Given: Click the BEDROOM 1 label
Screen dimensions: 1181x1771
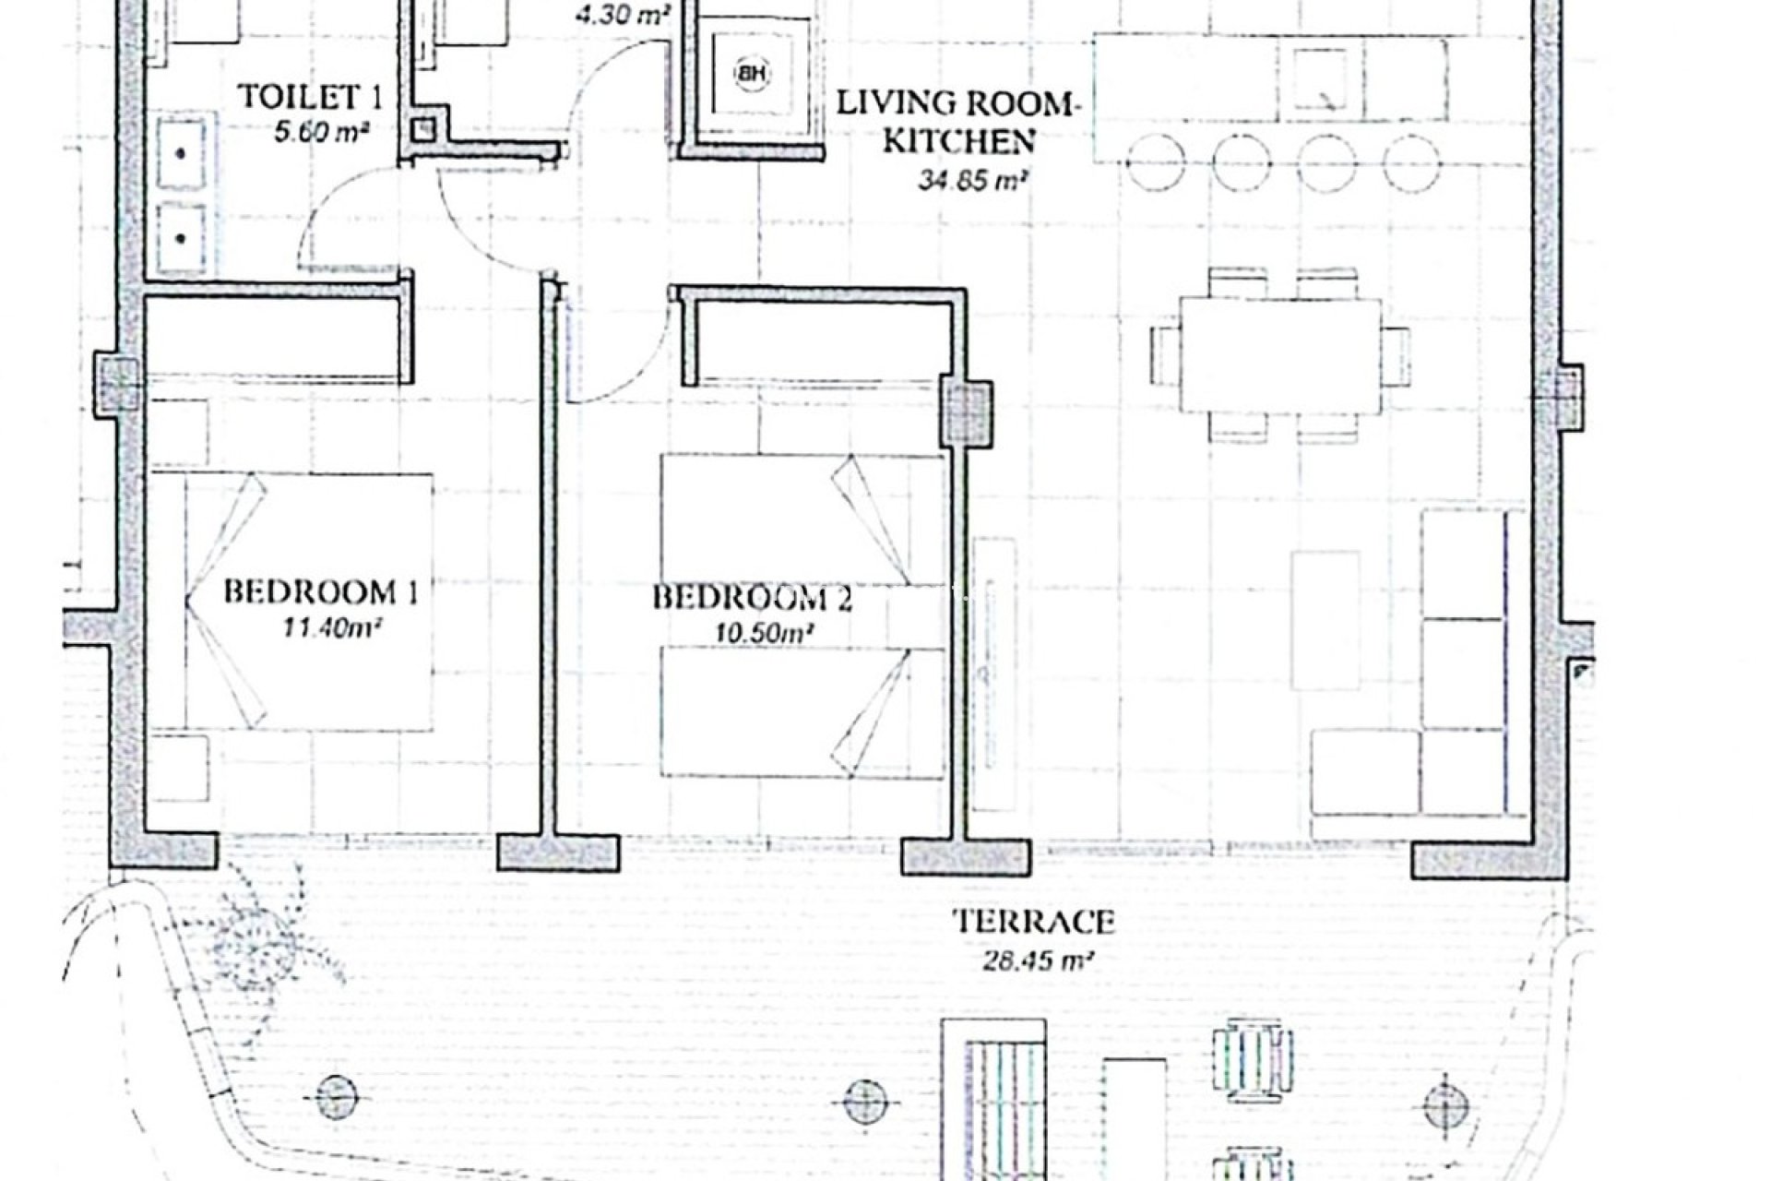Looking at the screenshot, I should (x=320, y=591).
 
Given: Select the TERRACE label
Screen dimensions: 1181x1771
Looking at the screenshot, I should (x=1033, y=922).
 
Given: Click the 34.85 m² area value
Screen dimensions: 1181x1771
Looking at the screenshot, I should (x=972, y=181).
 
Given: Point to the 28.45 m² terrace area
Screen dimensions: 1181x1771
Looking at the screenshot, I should (x=1031, y=962).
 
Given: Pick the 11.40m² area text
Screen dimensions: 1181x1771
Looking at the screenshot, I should (x=332, y=629).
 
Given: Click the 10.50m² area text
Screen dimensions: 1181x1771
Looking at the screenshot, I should (x=763, y=634).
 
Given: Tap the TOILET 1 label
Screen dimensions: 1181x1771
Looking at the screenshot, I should (x=309, y=97).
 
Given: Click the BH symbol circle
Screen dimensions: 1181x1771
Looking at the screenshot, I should (x=753, y=74).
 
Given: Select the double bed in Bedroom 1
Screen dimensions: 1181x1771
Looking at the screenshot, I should (x=309, y=602).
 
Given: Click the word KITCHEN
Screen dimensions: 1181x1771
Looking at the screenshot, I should (x=958, y=141).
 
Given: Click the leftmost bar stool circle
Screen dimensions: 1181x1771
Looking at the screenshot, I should (x=1154, y=163).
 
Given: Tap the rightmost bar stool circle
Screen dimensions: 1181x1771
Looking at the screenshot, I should (x=1411, y=163).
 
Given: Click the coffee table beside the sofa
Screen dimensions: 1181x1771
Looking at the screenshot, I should (x=1325, y=620).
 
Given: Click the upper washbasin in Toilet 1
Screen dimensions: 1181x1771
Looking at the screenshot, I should (x=182, y=152).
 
